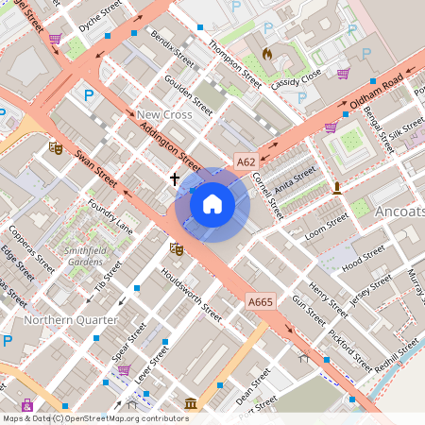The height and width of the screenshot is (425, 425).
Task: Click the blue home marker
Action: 212,204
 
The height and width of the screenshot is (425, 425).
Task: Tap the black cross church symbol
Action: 175,177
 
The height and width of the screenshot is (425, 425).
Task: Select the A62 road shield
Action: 246,161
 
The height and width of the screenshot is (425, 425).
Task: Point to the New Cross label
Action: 163,114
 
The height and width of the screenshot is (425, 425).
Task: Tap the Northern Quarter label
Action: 71,319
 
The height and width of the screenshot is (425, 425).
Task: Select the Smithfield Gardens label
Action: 83,255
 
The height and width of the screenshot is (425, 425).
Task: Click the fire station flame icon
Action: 267,54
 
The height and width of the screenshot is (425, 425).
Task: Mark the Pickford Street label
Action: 350,348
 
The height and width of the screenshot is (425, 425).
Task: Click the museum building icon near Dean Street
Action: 191,404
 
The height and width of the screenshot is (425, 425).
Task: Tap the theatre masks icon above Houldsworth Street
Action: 175,248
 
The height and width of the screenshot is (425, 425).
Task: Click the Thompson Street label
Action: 234,59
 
